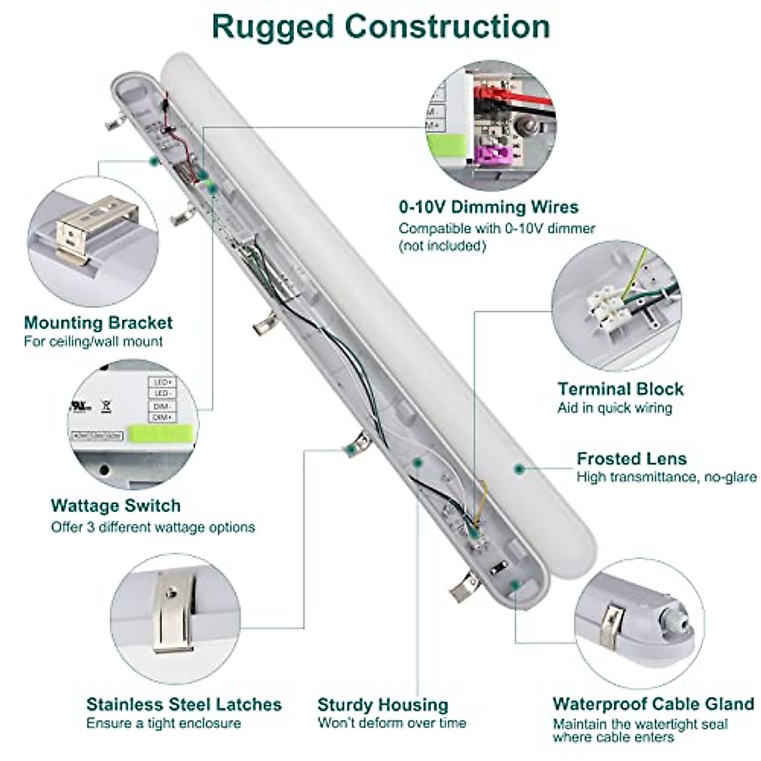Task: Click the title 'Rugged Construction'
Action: click(x=380, y=27)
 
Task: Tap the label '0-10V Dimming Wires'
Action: click(x=488, y=207)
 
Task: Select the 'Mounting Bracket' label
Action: click(x=98, y=323)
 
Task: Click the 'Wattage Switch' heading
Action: click(x=115, y=505)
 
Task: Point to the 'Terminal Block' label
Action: click(x=620, y=389)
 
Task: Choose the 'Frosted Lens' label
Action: click(x=631, y=459)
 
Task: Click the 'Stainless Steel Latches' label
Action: click(x=184, y=704)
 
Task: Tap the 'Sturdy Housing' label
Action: click(x=382, y=705)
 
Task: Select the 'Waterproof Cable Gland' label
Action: click(x=653, y=704)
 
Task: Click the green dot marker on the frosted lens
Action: click(x=519, y=469)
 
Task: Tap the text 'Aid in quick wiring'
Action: click(x=614, y=408)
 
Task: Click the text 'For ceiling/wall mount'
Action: click(x=93, y=341)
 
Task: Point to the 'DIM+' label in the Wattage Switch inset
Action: click(x=162, y=417)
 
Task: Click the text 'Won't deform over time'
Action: click(x=391, y=723)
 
